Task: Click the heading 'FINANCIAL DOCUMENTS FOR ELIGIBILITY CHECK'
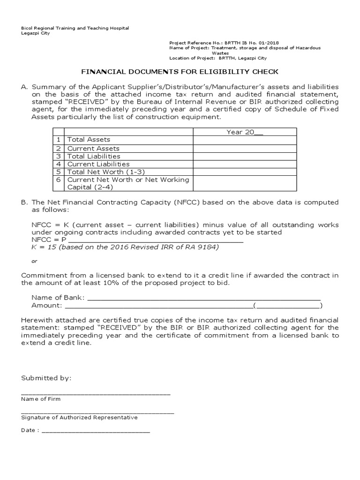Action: (180, 72)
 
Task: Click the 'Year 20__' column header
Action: (245, 132)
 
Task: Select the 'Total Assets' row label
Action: (89, 140)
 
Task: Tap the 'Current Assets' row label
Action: (94, 148)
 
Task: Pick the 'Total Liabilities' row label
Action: (94, 156)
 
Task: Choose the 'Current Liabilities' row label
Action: (98, 164)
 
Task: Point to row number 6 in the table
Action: (59, 180)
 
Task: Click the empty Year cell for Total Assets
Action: (245, 140)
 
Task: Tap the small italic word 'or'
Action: (34, 261)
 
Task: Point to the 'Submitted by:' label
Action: (46, 378)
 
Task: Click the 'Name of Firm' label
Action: (41, 399)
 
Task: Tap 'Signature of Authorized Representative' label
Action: (79, 418)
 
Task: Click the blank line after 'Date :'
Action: (96, 430)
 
